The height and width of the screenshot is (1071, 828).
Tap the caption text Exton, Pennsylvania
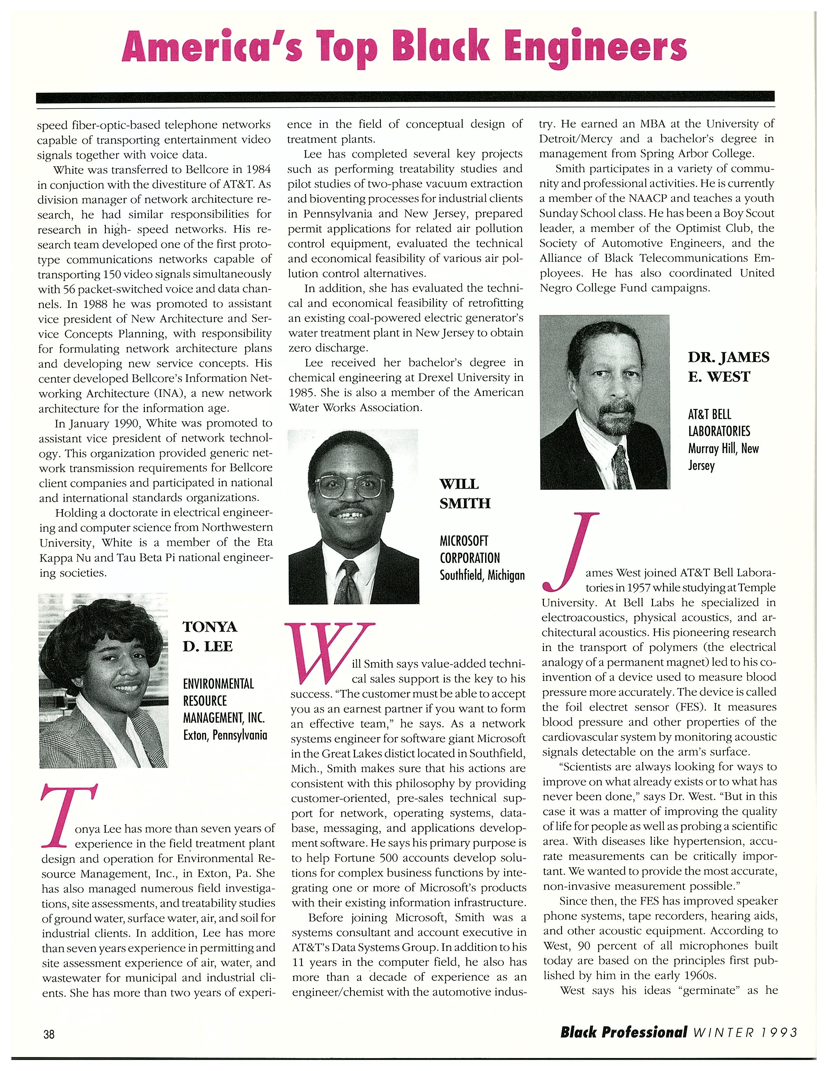pos(225,735)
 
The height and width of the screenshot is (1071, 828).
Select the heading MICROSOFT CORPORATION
pos(470,549)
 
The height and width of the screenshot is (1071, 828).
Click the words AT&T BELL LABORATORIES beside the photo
pos(719,423)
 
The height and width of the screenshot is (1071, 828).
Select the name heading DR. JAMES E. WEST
pos(728,367)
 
